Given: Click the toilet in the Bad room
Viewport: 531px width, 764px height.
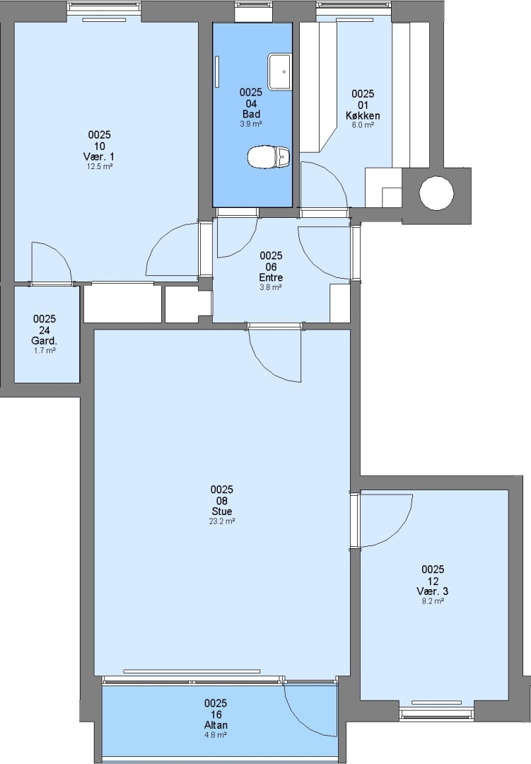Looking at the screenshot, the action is tap(269, 157).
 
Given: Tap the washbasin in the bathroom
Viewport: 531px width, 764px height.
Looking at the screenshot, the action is tap(279, 71).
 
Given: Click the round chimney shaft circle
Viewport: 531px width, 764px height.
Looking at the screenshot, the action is tap(436, 193).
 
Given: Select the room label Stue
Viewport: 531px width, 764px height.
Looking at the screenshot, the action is tap(221, 511).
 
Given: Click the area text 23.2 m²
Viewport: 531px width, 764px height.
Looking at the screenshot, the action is tap(221, 521).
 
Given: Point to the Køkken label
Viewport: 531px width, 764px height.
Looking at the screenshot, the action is tap(363, 115).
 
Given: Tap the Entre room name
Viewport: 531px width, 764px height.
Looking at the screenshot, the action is tap(271, 277).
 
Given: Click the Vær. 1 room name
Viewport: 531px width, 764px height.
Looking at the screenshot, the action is tap(99, 156).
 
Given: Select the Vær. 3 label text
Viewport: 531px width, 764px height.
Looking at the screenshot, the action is tap(433, 591).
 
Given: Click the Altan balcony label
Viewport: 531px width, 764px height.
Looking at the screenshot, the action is tap(216, 725).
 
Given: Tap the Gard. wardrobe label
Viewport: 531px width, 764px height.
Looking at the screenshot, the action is tap(45, 340).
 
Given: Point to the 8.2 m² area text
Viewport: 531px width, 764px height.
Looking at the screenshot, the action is tap(433, 601).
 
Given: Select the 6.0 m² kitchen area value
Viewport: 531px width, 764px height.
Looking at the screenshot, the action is tap(363, 125).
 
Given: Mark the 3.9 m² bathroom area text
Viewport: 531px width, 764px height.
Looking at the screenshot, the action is tap(251, 125).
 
